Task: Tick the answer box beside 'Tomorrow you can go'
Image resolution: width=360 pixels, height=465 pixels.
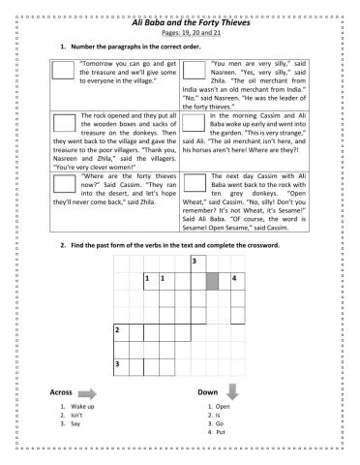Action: coord(64,69)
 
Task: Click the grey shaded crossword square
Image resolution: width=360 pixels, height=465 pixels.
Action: coord(212,281)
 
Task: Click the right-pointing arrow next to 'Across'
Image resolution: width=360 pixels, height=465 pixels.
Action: coord(88,392)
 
